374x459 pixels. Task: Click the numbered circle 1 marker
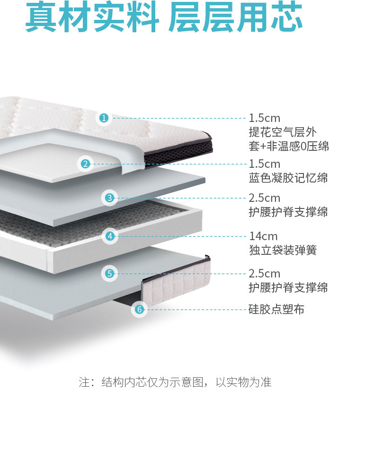104,118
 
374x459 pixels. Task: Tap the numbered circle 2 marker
85,164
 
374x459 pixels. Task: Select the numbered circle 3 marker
110,198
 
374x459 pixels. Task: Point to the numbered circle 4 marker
110,236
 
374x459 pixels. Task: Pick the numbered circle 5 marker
110,273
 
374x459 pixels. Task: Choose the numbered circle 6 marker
139,310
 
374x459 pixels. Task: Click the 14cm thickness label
263,236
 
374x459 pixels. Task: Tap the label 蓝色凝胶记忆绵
288,178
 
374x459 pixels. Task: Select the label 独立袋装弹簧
282,250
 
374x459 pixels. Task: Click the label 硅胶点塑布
276,310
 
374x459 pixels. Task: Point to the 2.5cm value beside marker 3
265,198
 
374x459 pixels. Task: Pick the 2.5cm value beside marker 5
265,273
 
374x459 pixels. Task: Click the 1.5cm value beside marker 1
265,118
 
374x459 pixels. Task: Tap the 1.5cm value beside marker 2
265,164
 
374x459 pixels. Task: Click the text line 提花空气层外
282,132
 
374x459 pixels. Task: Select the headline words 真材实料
92,18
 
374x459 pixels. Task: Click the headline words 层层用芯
235,18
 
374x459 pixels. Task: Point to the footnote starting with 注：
175,382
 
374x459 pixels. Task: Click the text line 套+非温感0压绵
289,146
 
